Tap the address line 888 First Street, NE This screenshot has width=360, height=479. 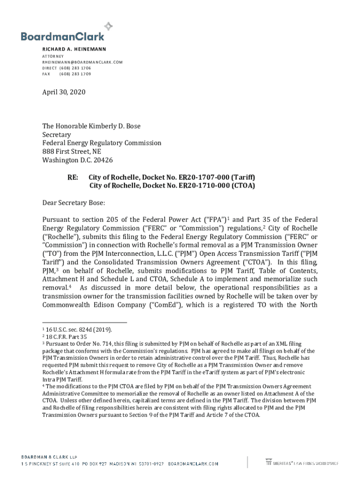click(72, 151)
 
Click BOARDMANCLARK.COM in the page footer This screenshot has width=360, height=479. click(193, 464)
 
